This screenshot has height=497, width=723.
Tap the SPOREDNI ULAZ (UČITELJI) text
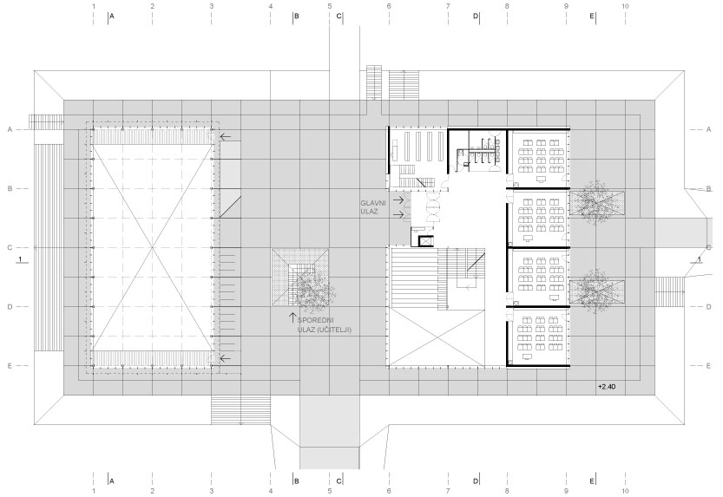pyautogui.click(x=324, y=325)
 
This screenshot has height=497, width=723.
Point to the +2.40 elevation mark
pyautogui.click(x=607, y=387)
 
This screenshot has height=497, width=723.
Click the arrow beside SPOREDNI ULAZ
pyautogui.click(x=292, y=317)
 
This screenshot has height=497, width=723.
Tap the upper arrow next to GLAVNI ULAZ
pyautogui.click(x=398, y=199)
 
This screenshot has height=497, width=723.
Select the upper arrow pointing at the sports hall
pyautogui.click(x=226, y=136)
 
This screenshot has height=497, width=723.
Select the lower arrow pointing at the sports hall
pyautogui.click(x=226, y=358)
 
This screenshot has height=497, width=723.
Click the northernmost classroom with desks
pyautogui.click(x=537, y=158)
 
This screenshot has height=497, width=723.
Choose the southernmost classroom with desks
pyautogui.click(x=537, y=337)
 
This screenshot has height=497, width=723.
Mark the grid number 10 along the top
pyautogui.click(x=625, y=6)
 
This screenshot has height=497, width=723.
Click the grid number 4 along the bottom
pyautogui.click(x=271, y=491)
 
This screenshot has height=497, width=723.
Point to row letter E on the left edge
pyautogui.click(x=10, y=366)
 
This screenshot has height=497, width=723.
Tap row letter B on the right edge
pyautogui.click(x=709, y=189)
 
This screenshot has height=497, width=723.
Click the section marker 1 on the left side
pyautogui.click(x=20, y=259)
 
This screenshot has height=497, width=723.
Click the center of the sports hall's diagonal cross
pyautogui.click(x=152, y=248)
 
